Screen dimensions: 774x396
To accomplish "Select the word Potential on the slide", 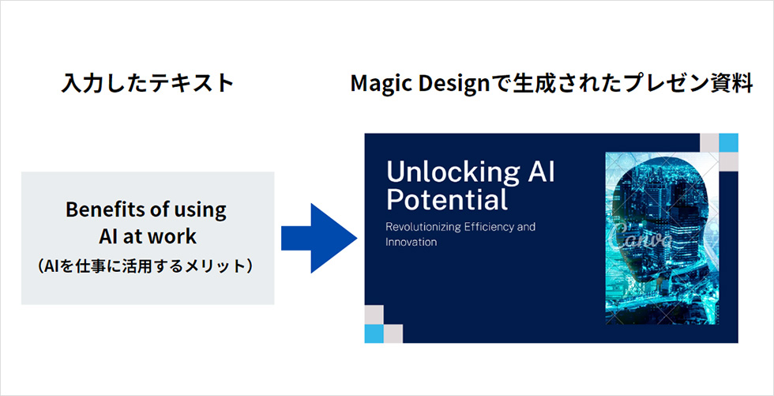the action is click(447, 202).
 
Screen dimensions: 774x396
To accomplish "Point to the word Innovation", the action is click(411, 243).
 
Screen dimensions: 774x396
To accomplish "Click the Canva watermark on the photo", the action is click(641, 236).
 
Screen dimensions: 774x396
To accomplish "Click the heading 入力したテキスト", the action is click(147, 83).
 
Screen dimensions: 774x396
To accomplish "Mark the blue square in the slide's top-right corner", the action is click(728, 143).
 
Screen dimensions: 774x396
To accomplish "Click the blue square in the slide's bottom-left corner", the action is click(374, 334).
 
